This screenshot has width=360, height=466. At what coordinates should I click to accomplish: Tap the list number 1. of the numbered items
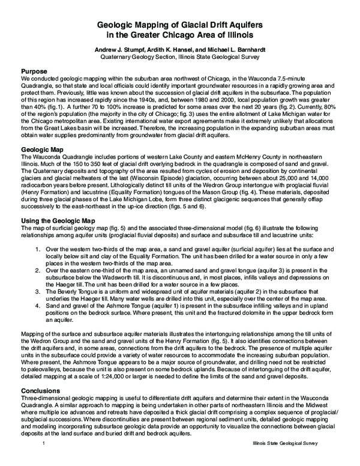[x=39, y=250]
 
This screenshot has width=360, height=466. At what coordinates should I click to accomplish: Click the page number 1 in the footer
[x=44, y=459]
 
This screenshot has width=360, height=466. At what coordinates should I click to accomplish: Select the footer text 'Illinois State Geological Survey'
[x=283, y=459]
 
